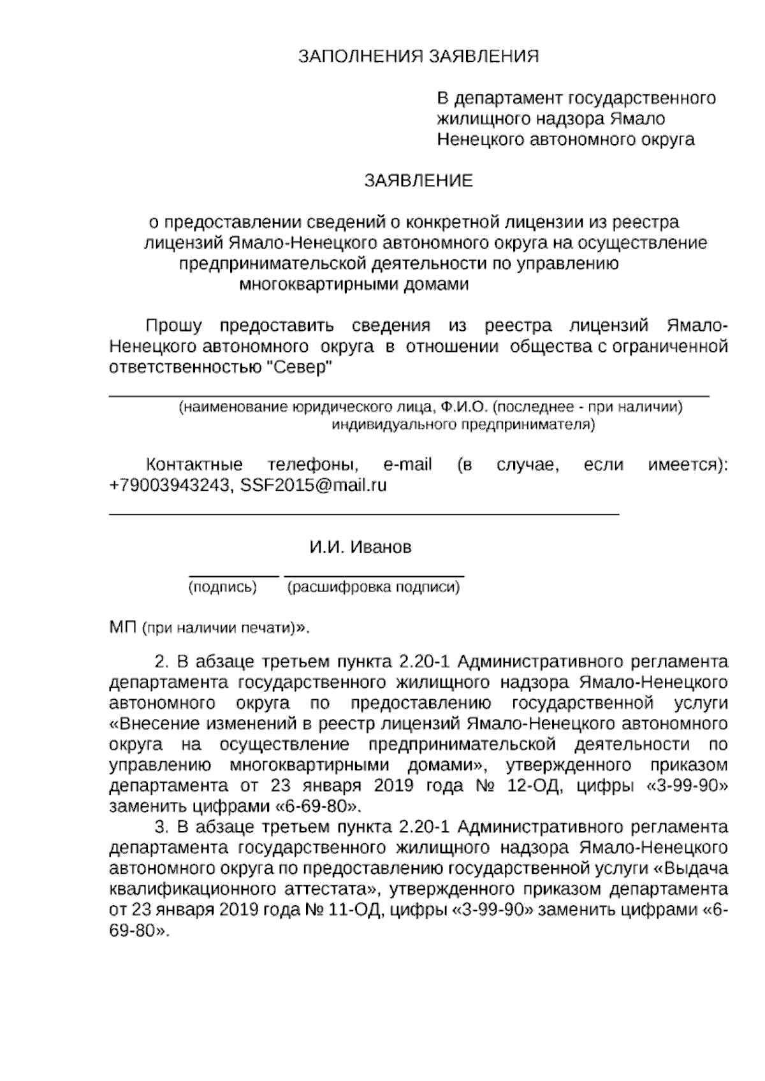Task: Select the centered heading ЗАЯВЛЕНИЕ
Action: [418, 181]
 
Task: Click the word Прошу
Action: [173, 326]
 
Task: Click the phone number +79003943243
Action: [169, 486]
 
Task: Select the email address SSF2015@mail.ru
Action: [314, 486]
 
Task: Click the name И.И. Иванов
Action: [360, 548]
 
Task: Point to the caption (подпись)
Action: [222, 588]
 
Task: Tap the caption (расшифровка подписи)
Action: [374, 588]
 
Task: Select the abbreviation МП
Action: [123, 628]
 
